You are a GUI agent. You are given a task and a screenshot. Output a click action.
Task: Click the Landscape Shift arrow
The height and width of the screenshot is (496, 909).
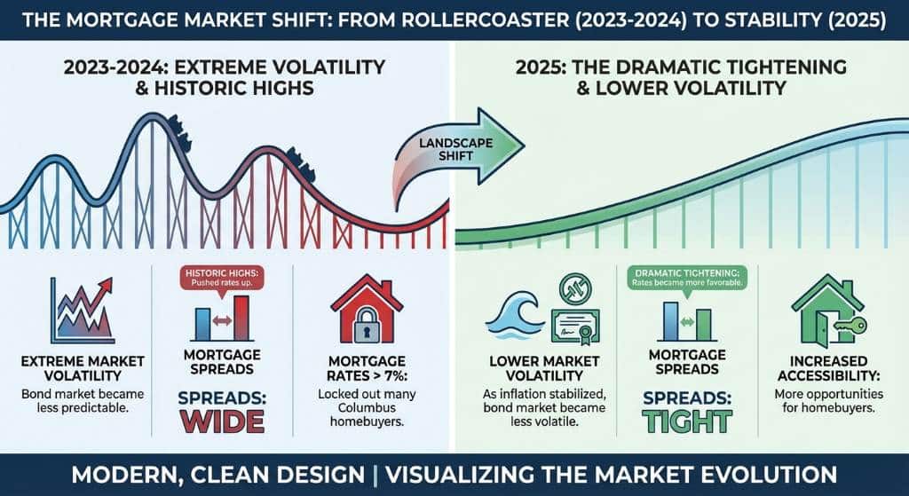click(458, 152)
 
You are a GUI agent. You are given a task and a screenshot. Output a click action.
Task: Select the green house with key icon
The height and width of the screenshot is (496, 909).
click(826, 310)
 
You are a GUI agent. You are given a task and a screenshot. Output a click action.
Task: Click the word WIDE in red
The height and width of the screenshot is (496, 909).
click(221, 421)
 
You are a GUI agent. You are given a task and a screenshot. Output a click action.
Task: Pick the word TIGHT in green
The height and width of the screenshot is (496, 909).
click(687, 421)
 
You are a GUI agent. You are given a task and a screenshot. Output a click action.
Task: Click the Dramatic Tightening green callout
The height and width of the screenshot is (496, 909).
click(688, 278)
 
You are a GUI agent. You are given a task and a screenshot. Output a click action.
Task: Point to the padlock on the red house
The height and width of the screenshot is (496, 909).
click(366, 326)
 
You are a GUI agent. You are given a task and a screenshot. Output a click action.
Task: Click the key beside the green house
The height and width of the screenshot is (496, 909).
click(850, 325)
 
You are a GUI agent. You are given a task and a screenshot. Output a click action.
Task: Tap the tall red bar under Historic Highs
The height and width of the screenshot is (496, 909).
click(241, 319)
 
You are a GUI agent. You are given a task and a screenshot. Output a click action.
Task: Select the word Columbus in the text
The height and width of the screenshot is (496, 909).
click(367, 407)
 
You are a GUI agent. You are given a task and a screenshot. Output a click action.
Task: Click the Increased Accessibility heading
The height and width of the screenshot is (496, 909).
click(829, 368)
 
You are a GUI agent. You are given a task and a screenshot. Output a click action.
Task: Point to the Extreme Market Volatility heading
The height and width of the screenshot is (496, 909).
click(83, 368)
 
